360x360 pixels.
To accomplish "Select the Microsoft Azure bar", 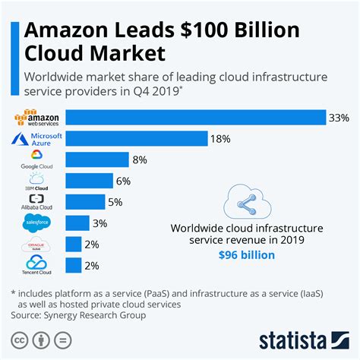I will coord(137,138).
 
